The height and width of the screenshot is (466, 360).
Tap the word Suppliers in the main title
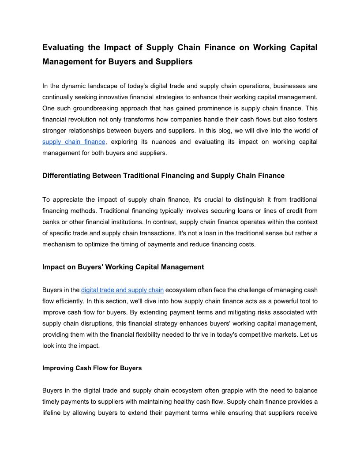(x=174, y=62)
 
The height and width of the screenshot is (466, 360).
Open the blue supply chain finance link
(x=74, y=142)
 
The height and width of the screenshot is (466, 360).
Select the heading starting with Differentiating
(x=163, y=176)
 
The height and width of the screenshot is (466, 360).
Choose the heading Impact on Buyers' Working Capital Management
(x=123, y=267)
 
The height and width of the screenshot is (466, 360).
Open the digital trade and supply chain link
(x=122, y=290)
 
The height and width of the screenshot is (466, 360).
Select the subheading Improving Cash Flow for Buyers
(x=92, y=368)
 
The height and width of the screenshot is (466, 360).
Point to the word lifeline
(x=53, y=413)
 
